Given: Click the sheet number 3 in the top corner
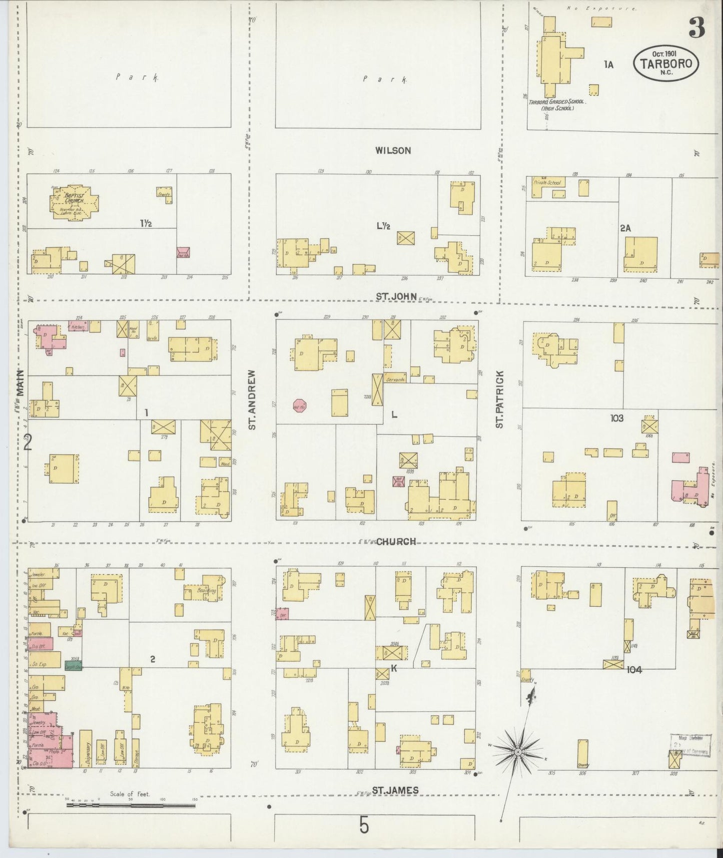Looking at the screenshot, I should (x=696, y=28).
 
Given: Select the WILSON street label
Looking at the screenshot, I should (x=394, y=150).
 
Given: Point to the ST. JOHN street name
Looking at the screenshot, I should (x=396, y=296).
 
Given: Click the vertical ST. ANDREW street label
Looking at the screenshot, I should (x=252, y=399).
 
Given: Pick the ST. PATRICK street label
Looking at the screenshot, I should (x=499, y=399).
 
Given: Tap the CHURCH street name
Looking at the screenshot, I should (x=396, y=541).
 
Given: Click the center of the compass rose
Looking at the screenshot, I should (x=518, y=752).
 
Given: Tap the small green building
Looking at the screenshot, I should (x=74, y=666).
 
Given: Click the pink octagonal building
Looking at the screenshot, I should (x=300, y=405).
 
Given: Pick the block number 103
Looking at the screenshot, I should (x=616, y=417).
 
